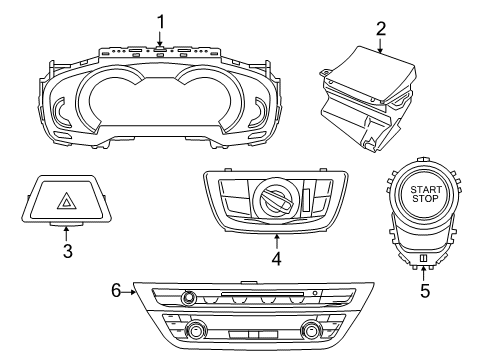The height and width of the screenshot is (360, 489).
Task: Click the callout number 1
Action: tap(159, 19)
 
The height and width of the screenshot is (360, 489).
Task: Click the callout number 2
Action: tap(380, 29)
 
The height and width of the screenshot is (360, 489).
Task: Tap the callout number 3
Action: tap(68, 251)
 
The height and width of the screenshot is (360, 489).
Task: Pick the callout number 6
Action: tap(117, 289)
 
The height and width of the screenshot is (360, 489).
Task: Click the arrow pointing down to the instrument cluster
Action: tap(159, 39)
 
